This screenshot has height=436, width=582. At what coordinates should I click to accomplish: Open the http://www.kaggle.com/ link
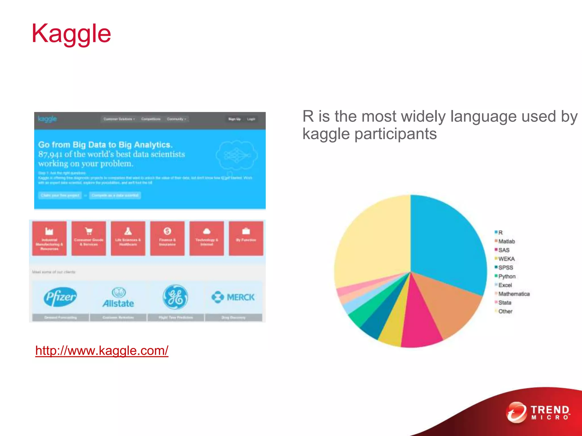click(102, 351)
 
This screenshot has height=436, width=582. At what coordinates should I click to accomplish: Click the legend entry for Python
click(507, 276)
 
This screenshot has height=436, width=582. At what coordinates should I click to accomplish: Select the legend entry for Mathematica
click(514, 294)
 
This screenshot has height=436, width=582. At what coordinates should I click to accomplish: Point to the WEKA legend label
click(506, 259)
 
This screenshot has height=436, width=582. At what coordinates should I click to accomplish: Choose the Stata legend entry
click(504, 303)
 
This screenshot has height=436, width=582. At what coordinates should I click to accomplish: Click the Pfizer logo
click(60, 297)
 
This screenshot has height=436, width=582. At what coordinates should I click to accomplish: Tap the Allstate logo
click(118, 297)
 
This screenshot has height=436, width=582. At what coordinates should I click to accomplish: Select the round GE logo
click(175, 297)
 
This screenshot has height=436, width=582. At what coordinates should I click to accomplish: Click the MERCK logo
click(233, 297)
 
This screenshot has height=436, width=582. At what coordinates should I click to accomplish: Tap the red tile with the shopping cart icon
click(89, 238)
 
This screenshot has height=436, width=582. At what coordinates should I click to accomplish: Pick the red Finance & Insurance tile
click(167, 238)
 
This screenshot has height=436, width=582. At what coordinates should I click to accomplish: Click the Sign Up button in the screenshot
click(234, 119)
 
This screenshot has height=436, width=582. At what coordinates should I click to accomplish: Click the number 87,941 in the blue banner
click(50, 154)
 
